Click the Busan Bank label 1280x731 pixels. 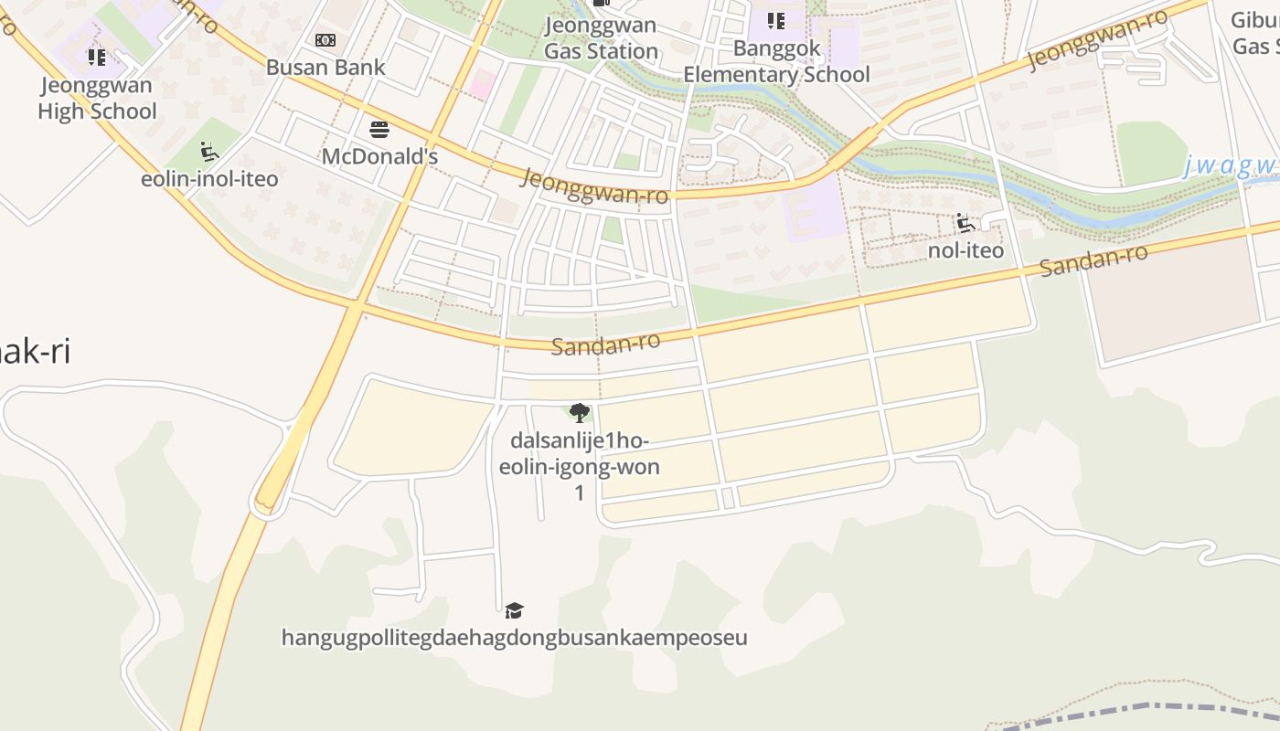pyautogui.click(x=325, y=67)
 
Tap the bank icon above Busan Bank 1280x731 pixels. pyautogui.click(x=325, y=40)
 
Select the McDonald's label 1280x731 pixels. pyautogui.click(x=379, y=156)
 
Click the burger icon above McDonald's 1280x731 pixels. pyautogui.click(x=379, y=129)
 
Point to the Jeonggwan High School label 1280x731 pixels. pyautogui.click(x=97, y=99)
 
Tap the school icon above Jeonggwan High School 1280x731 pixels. pyautogui.click(x=97, y=58)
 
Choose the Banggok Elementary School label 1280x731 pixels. pyautogui.click(x=776, y=61)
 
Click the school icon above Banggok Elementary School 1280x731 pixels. pyautogui.click(x=776, y=20)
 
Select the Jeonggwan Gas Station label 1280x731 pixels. pyautogui.click(x=601, y=37)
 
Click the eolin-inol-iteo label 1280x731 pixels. pyautogui.click(x=209, y=178)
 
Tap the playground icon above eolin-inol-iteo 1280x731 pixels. pyautogui.click(x=209, y=151)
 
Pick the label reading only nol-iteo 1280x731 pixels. pyautogui.click(x=965, y=249)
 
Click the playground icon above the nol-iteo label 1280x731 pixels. pyautogui.click(x=965, y=223)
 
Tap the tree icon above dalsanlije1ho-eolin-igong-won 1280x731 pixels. pyautogui.click(x=579, y=413)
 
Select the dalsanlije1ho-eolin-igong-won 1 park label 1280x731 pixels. pyautogui.click(x=579, y=466)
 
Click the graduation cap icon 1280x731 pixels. pyautogui.click(x=515, y=610)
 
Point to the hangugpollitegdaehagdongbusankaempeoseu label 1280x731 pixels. pyautogui.click(x=514, y=637)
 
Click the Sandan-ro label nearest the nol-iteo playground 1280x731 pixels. pyautogui.click(x=1093, y=260)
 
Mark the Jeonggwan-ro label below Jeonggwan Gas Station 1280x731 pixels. pyautogui.click(x=593, y=185)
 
